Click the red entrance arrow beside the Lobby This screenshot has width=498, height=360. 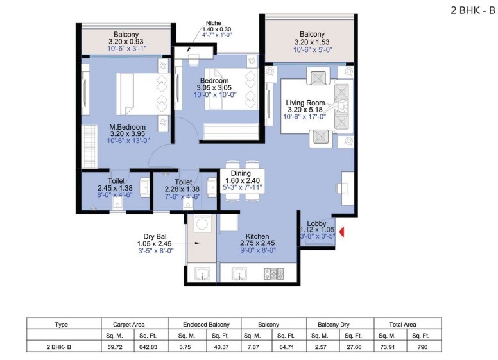pos(342,232)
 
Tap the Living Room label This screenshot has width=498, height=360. pos(305,103)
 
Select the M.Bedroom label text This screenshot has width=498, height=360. pos(127,127)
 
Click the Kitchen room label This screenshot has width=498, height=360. pos(257,236)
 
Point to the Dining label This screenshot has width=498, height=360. pos(241,173)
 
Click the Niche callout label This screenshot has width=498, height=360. pos(214,23)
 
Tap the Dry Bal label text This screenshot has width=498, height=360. pos(155,237)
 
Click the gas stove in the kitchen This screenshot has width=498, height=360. pos(274,273)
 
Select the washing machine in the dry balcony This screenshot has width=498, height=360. pos(201,224)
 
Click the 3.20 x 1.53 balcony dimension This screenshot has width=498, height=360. pos(312,42)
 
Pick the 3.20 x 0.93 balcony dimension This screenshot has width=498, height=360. pos(126,42)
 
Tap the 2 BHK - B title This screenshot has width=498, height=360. pos(472,10)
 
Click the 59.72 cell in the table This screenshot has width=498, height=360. pos(115,347)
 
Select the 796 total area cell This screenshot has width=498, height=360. pos(422,347)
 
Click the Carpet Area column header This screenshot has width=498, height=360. pos(128,325)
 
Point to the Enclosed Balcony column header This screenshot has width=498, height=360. pos(206,325)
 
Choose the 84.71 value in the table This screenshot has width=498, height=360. pos(286,347)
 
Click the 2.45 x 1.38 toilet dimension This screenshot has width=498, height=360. pos(115,188)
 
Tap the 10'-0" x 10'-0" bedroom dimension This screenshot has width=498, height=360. pos(215,94)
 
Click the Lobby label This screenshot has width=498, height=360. pos(316,223)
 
